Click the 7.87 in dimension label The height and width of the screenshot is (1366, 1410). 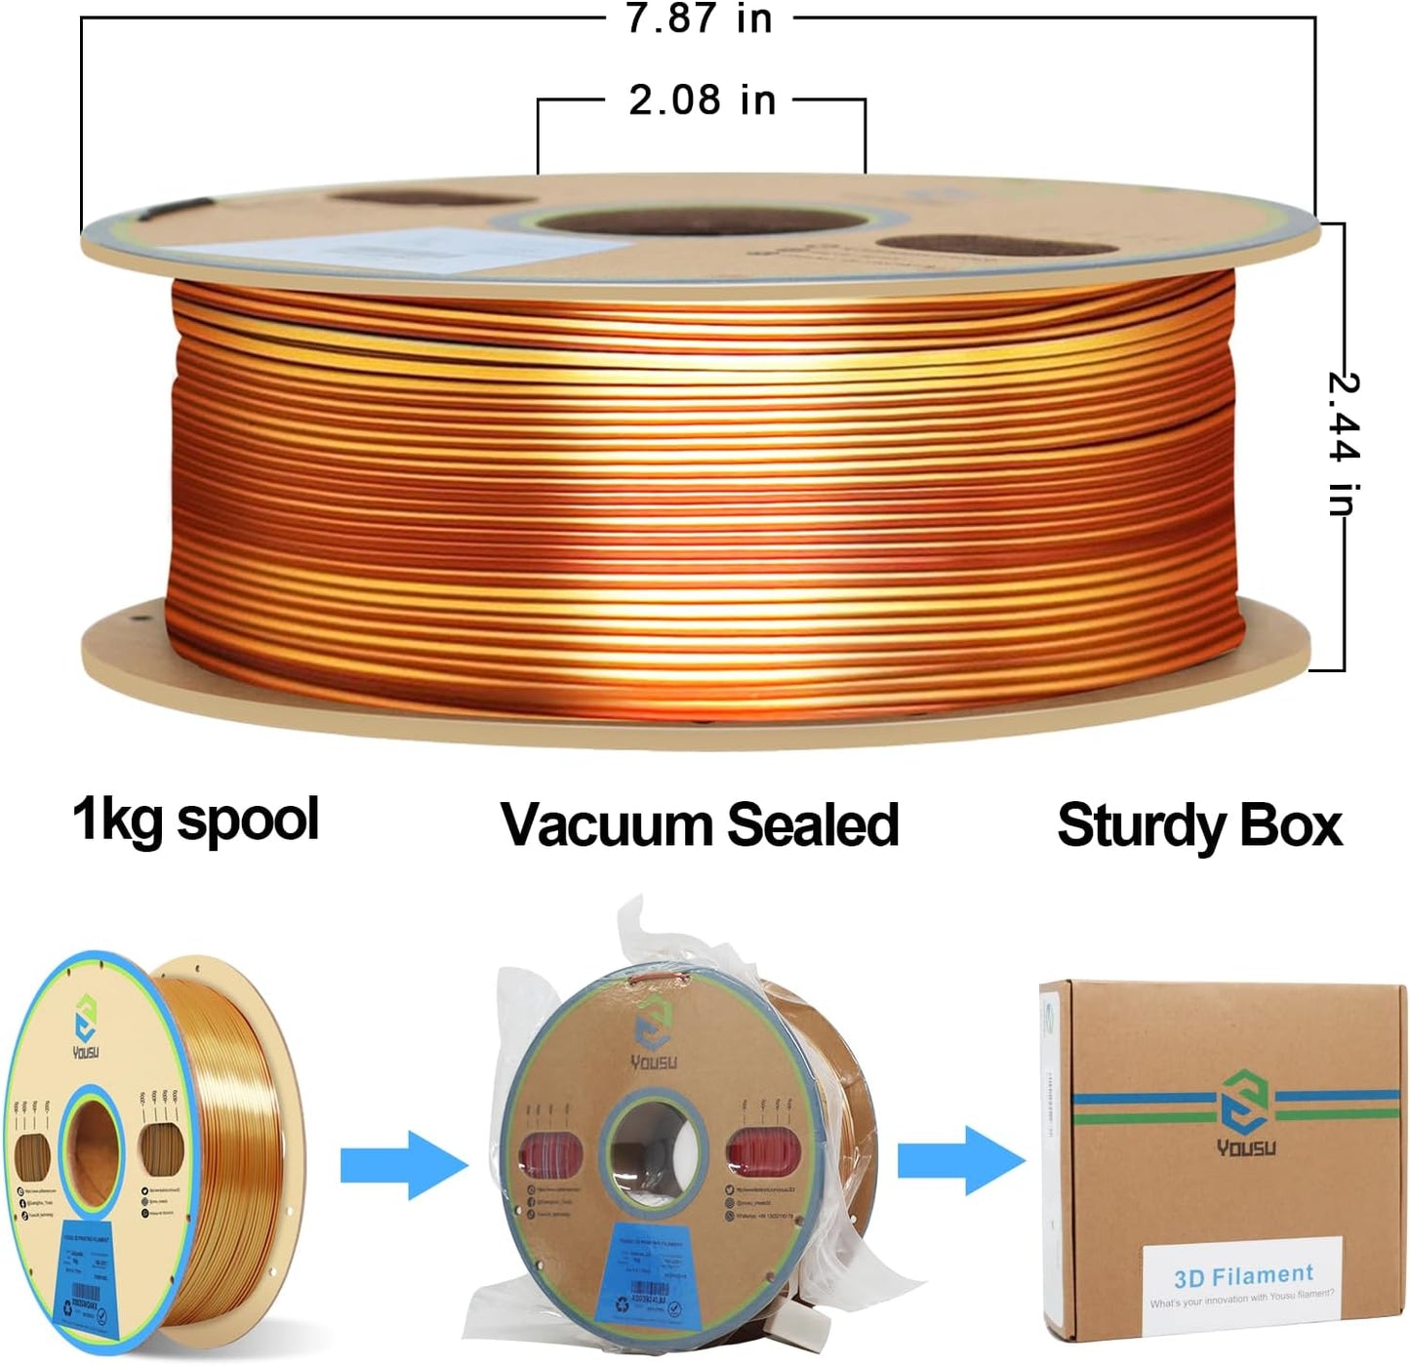(699, 20)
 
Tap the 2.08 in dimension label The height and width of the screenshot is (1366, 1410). (702, 100)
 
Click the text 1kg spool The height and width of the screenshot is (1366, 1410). (195, 820)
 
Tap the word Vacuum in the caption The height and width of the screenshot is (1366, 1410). (604, 825)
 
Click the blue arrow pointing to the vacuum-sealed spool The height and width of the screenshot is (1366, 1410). (403, 1163)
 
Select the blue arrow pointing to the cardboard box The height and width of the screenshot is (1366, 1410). (960, 1160)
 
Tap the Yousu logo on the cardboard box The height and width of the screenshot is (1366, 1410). (1245, 1112)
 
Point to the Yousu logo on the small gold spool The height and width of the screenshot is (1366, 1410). (86, 1028)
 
